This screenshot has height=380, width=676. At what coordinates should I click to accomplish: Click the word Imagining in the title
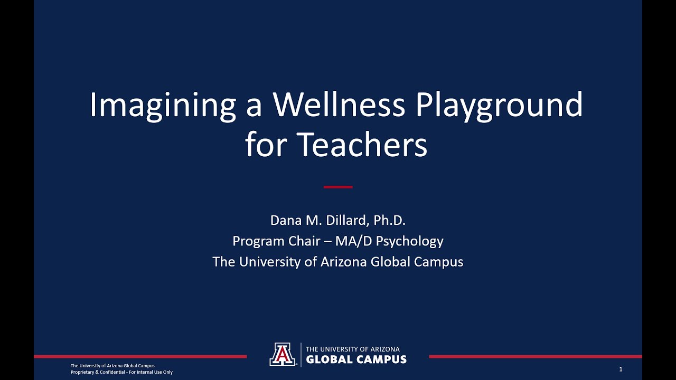tap(162, 106)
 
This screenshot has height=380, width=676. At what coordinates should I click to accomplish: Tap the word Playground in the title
tap(499, 106)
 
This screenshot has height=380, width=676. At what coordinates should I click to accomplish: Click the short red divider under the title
tap(338, 187)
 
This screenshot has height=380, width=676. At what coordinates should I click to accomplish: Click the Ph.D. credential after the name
tap(389, 221)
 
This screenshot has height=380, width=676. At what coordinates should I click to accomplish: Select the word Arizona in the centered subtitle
tap(343, 261)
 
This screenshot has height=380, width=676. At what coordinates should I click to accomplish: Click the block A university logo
tap(282, 354)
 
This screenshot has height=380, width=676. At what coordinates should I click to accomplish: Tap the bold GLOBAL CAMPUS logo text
tap(356, 360)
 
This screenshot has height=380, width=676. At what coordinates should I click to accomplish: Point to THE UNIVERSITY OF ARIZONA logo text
tap(353, 349)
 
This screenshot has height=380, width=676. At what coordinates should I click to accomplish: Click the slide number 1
tap(621, 369)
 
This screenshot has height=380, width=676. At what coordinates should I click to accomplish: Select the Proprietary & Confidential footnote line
tap(121, 372)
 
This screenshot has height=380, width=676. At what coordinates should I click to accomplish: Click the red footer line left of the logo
tap(140, 357)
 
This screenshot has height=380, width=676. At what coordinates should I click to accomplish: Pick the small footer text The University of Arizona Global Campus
tap(112, 366)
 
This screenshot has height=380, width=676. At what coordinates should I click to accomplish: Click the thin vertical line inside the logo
tap(301, 355)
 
